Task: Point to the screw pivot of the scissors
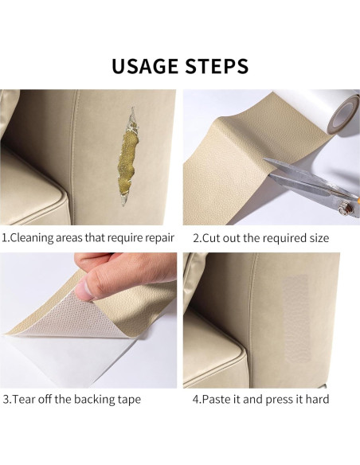coord(348,208)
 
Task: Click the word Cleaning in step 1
coord(37,238)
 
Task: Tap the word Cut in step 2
coord(214,238)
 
